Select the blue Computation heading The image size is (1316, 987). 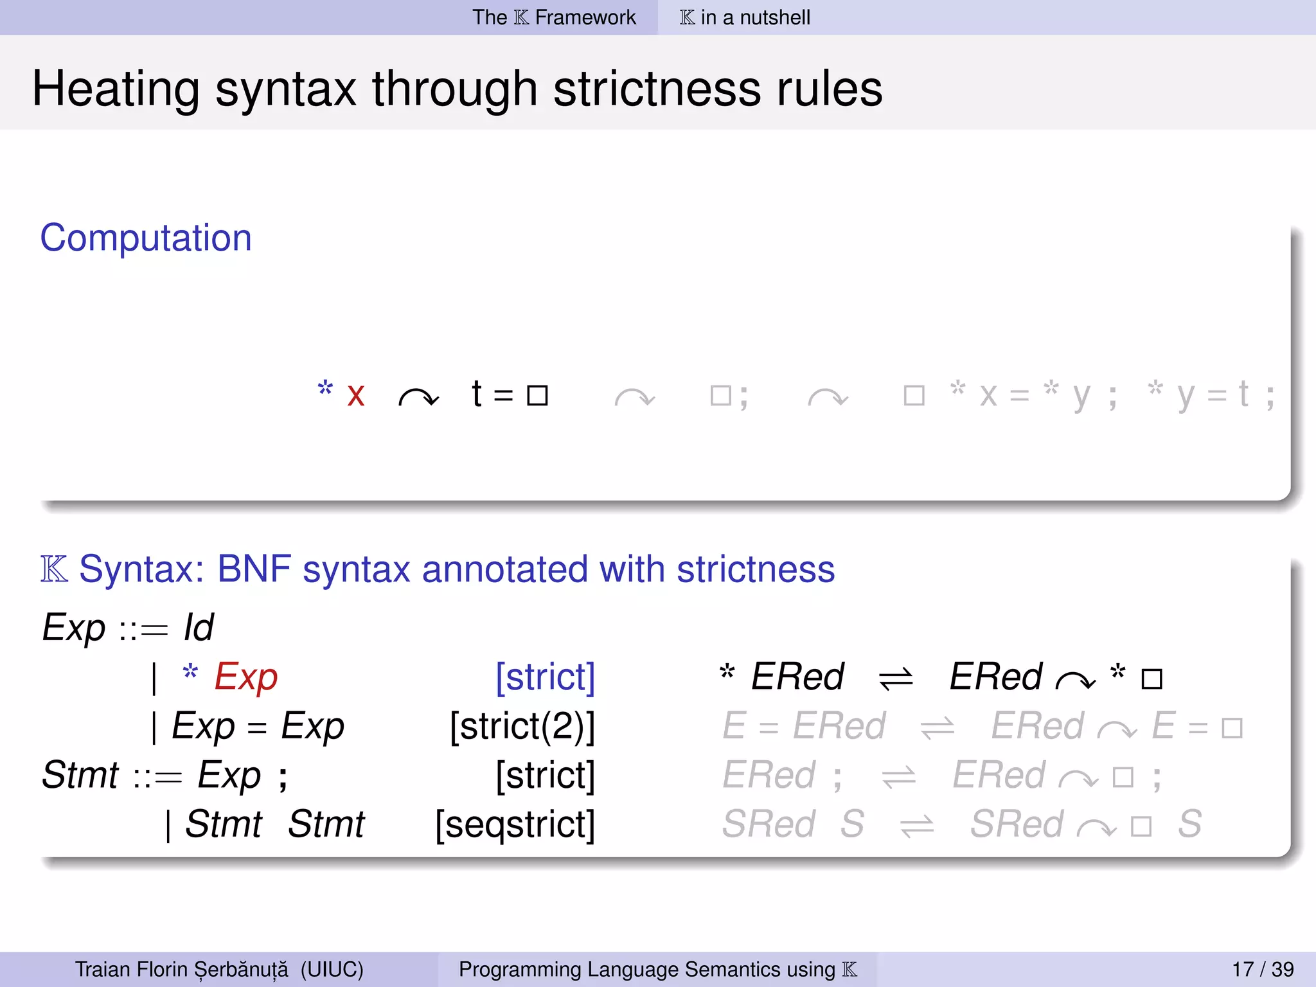pyautogui.click(x=146, y=238)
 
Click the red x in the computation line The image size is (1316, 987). pyautogui.click(x=356, y=395)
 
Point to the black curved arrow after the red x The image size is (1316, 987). pyautogui.click(x=418, y=398)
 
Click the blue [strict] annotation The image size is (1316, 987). pyautogui.click(x=545, y=677)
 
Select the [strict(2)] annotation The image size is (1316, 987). pyautogui.click(x=522, y=727)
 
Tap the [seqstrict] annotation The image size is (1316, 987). pyautogui.click(x=515, y=824)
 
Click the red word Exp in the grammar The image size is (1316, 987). pyautogui.click(x=246, y=677)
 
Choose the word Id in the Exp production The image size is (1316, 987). pyautogui.click(x=199, y=628)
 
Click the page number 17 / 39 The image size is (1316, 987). pyautogui.click(x=1263, y=969)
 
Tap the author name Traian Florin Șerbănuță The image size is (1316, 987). pyautogui.click(x=182, y=969)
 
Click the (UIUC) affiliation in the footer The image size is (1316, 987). pyautogui.click(x=332, y=969)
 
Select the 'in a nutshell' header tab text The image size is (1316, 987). pyautogui.click(x=755, y=17)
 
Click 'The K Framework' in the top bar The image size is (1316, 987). pyautogui.click(x=554, y=17)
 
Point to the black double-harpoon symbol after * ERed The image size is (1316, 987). pyautogui.click(x=896, y=679)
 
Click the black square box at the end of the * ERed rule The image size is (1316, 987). pyautogui.click(x=1151, y=679)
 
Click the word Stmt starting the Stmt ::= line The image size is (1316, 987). pyautogui.click(x=80, y=775)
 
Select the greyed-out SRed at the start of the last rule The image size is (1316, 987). pyautogui.click(x=769, y=824)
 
